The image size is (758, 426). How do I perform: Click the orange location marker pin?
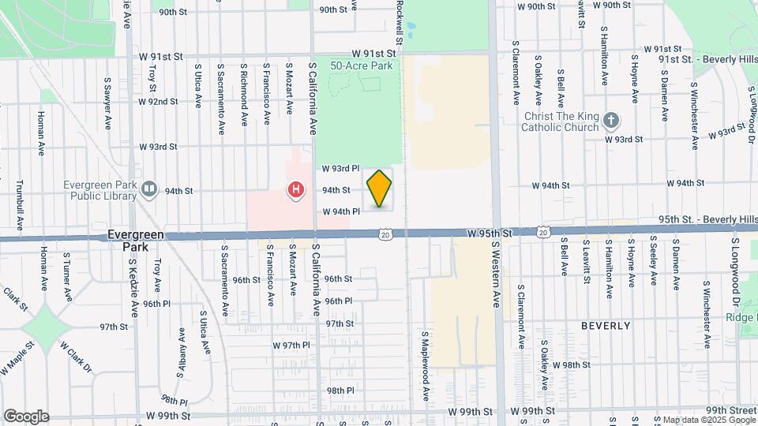coord(379,189)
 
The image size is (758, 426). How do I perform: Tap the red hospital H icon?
coord(295,190)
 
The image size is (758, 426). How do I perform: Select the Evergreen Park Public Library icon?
coord(149,190)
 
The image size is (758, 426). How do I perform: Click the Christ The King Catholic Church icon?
coord(610,121)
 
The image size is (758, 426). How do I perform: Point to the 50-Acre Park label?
coord(361,66)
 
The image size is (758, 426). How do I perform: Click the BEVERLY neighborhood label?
coord(606,325)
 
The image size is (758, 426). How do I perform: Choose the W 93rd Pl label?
coord(340,169)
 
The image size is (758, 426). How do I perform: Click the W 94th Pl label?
coord(340,211)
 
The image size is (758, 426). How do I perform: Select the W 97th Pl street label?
coord(291,346)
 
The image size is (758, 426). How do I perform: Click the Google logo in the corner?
coord(26,417)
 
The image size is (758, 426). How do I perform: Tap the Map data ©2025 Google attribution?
coord(708,420)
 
